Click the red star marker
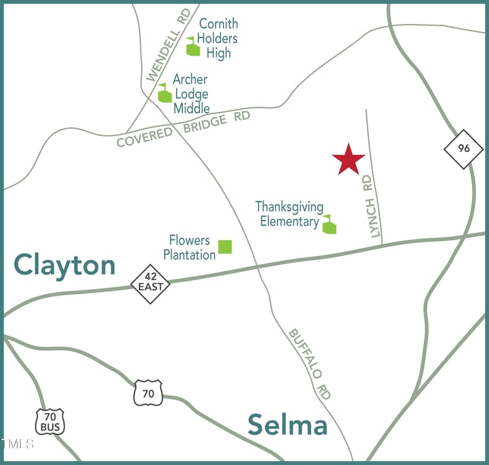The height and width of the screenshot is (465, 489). coord(348,159)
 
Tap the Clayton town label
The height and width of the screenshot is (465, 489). coord(65,265)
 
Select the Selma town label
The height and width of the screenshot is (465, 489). coord(287,425)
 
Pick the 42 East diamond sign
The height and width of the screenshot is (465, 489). coord(150,284)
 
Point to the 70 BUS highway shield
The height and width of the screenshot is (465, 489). coord(50,422)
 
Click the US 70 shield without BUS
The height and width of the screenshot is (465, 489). coord(149,393)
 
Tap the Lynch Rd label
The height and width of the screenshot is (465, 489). coord(372,207)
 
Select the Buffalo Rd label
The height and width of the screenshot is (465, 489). coord(310,364)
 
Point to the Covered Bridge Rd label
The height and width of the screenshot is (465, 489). coord(183,129)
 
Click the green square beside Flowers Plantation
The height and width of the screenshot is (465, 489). coord(225,246)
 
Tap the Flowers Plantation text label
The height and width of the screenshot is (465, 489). coord(189,247)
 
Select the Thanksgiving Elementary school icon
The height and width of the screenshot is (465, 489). coord(329,225)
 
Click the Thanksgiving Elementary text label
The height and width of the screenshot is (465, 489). coord(289,214)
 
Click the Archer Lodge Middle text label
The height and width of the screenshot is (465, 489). coord(191,94)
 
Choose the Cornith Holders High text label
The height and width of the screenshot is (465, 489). coord(218,38)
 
